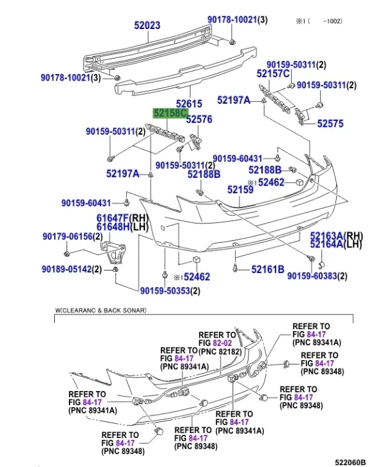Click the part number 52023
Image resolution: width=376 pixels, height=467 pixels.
147,26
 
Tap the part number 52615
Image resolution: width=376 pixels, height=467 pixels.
189,103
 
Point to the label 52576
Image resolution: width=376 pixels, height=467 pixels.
199,119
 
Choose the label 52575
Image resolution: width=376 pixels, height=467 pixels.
331,124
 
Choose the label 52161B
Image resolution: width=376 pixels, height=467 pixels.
268,269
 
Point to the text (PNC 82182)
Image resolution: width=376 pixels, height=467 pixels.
220,352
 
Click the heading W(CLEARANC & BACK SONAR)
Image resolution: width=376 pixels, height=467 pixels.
100,311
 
